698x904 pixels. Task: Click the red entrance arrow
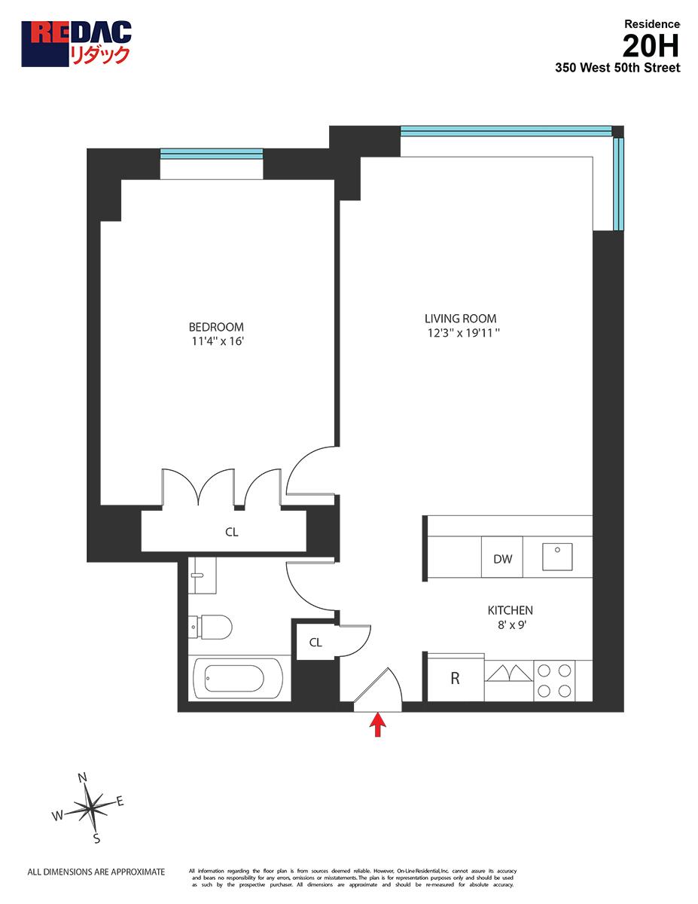click(378, 725)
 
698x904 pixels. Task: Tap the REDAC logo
click(76, 44)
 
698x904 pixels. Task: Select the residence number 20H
click(651, 47)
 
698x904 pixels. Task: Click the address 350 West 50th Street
click(617, 68)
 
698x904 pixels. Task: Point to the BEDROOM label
click(216, 327)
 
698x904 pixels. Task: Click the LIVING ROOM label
click(460, 319)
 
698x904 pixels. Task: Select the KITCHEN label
click(510, 610)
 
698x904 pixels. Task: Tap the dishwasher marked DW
click(503, 559)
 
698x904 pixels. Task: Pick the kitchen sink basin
click(557, 557)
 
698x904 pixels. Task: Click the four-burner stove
click(553, 680)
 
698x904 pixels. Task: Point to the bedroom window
click(212, 154)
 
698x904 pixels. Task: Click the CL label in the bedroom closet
click(232, 532)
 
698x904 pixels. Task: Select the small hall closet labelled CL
click(315, 643)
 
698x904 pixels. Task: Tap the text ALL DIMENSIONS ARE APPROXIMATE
click(96, 872)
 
